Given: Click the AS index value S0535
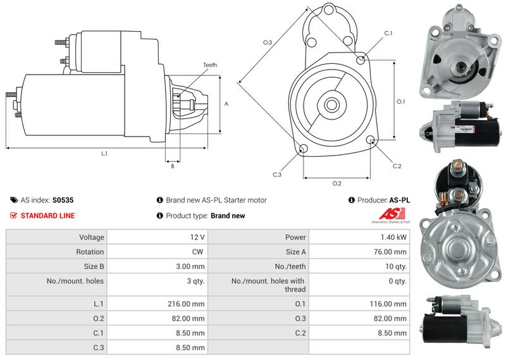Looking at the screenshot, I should point(63,200).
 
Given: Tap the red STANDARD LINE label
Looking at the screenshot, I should point(47,216).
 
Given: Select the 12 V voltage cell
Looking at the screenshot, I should point(197,237).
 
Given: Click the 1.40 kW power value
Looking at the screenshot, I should point(395,237).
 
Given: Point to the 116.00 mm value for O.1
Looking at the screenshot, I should point(392,304).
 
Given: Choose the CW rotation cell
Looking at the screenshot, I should point(199,252).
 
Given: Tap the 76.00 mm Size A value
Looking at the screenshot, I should point(392,252).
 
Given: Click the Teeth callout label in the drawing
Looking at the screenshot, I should point(209,65).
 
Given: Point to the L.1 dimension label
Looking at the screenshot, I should point(104,154).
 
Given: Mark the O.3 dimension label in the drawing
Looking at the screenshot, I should point(268,42).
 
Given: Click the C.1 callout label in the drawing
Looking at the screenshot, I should point(388,33).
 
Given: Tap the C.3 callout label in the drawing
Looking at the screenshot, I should point(277,174).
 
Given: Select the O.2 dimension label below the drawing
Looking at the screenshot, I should point(337,183).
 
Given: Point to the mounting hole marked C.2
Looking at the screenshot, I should point(371,140).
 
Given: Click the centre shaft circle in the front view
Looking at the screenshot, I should point(330,104).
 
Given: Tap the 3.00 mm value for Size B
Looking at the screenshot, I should point(191,266).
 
